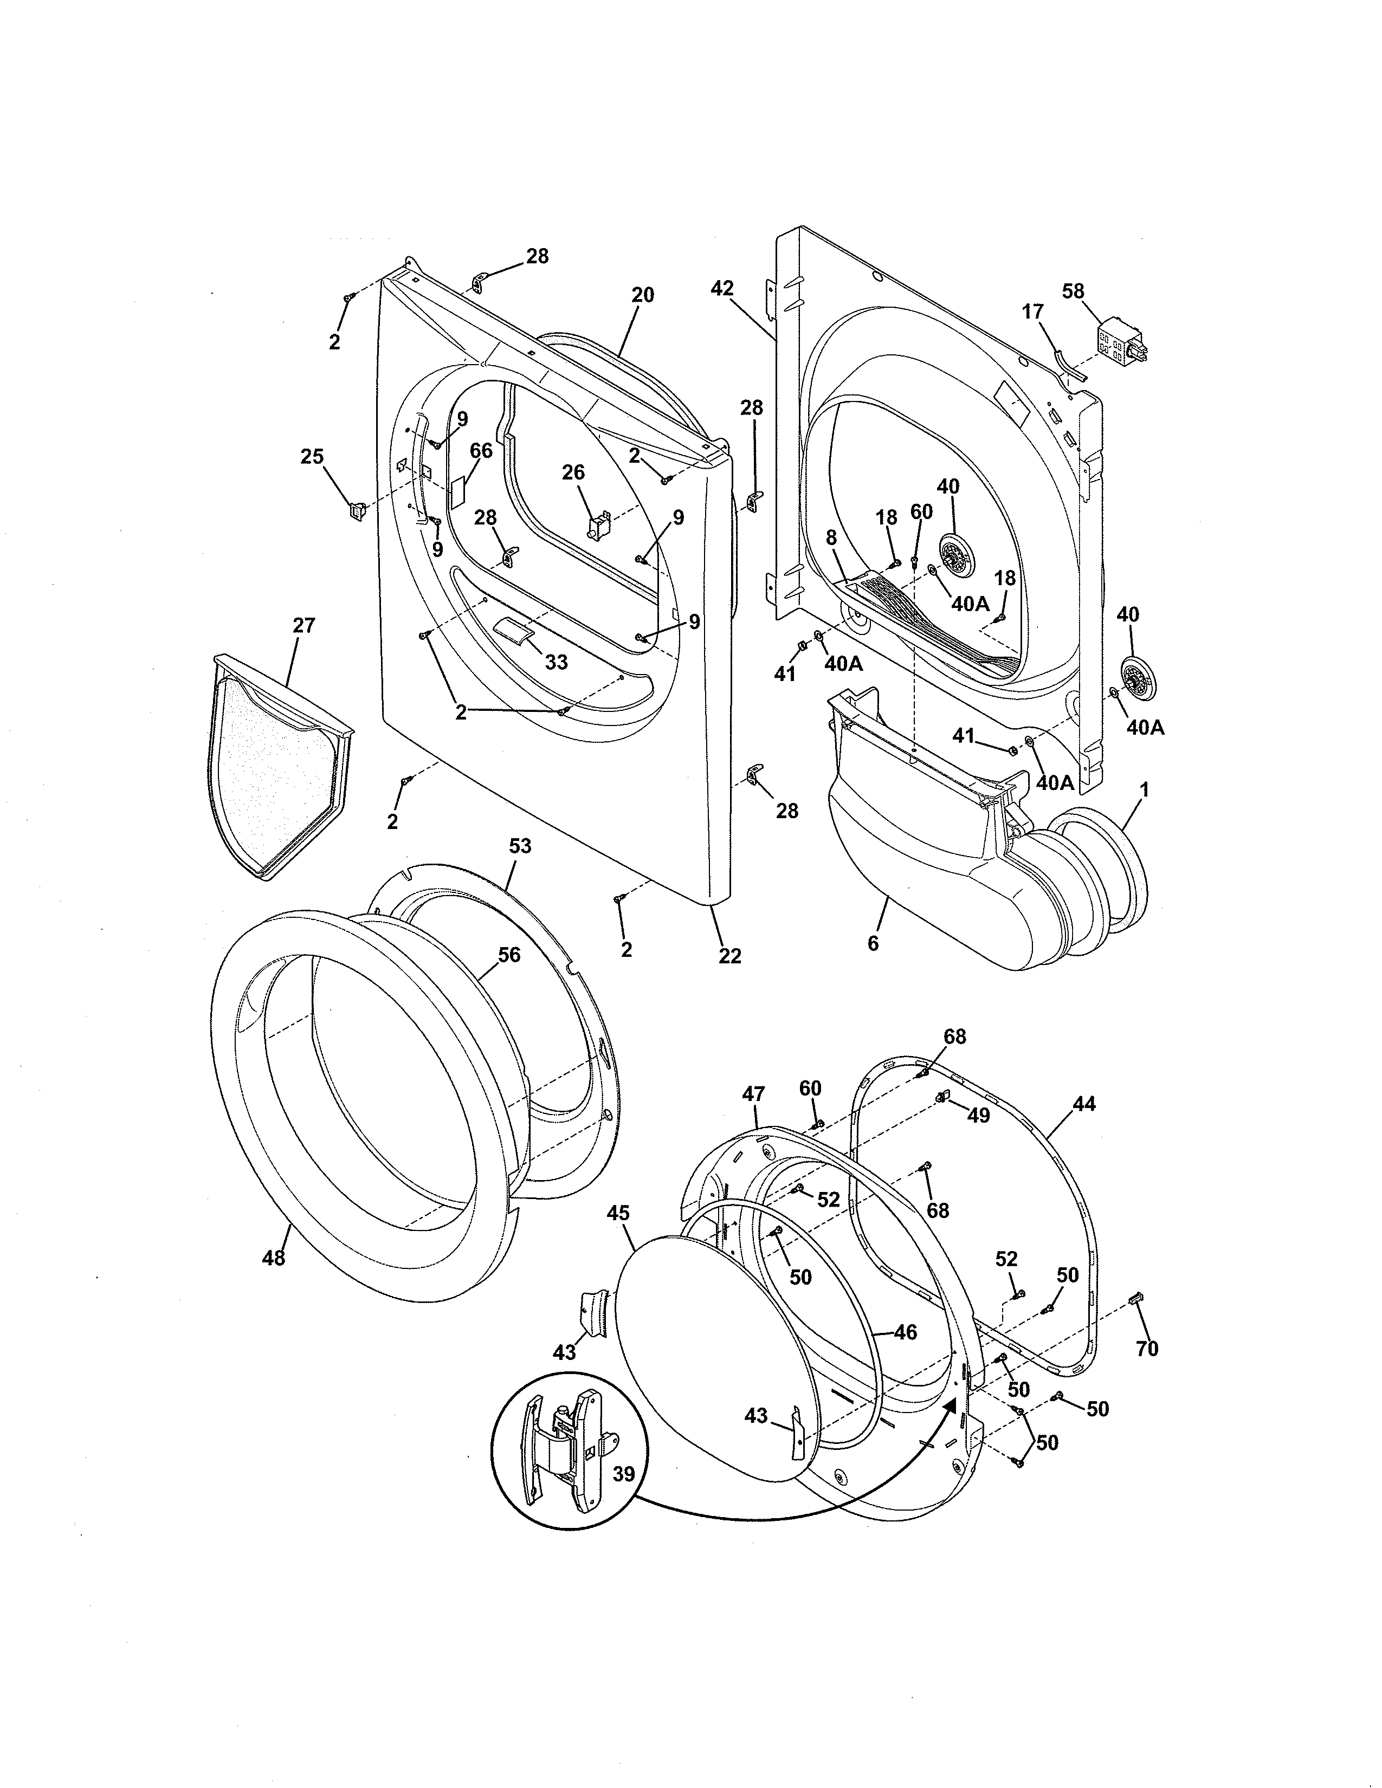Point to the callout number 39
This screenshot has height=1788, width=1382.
coord(624,1474)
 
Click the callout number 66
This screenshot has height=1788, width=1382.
coord(481,450)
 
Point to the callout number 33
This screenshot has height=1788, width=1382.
coord(556,662)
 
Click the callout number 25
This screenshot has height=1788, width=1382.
coord(312,456)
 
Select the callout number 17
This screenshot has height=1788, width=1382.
coord(1032,311)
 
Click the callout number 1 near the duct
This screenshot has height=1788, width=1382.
coord(1145,789)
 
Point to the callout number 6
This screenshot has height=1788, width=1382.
coord(873,943)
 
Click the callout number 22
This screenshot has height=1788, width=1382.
coord(729,955)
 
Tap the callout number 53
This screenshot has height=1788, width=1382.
coord(520,846)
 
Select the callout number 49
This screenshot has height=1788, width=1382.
coord(978,1115)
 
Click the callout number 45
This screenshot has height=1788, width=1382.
coord(618,1213)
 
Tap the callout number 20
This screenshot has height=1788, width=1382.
coord(643,295)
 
